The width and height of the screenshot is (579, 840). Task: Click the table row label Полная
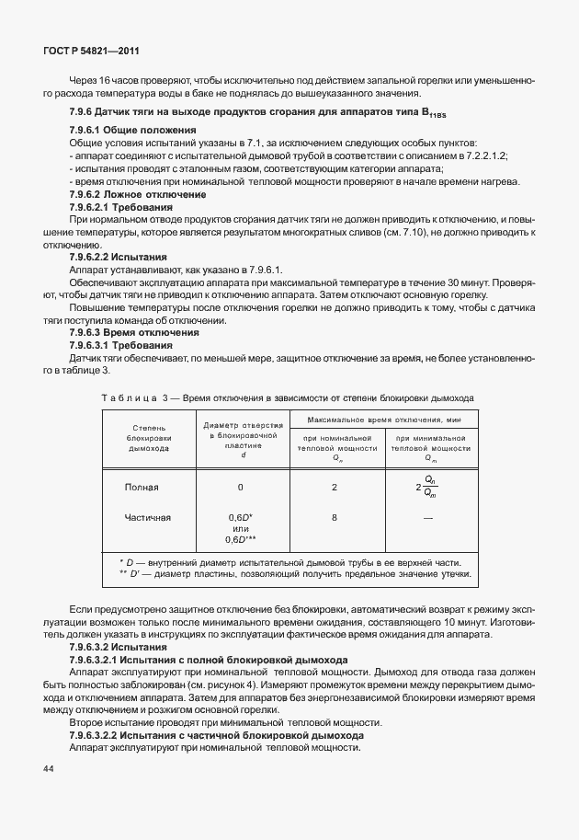(x=142, y=487)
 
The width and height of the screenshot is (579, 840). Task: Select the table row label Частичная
(x=148, y=517)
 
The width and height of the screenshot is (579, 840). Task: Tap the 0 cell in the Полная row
(x=241, y=487)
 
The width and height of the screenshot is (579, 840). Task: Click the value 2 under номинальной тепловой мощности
(x=335, y=487)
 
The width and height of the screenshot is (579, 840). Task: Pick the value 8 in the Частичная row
(x=335, y=517)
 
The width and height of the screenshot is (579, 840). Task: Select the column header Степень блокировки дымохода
(x=149, y=439)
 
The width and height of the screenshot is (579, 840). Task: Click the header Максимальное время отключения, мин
(x=381, y=420)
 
